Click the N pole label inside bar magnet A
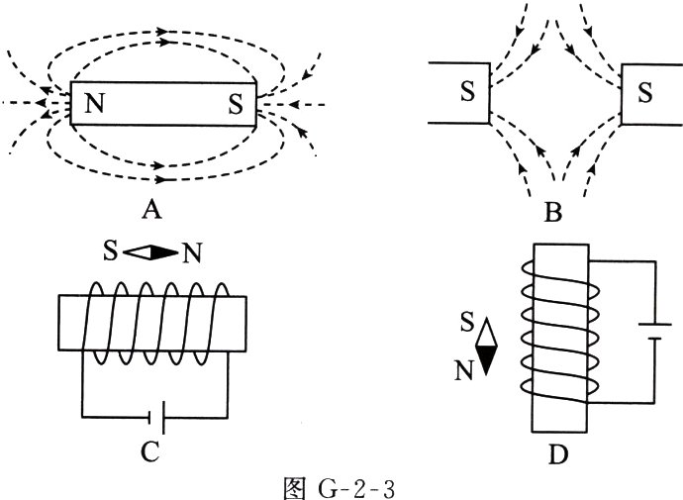click(x=95, y=104)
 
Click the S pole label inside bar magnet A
click(x=236, y=104)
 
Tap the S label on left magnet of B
click(x=467, y=91)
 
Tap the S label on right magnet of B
click(x=644, y=92)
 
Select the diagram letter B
click(x=552, y=213)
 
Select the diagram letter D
click(x=558, y=454)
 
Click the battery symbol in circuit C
click(x=156, y=418)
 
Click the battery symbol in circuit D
click(x=654, y=331)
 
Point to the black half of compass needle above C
click(x=164, y=252)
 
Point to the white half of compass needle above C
click(x=137, y=252)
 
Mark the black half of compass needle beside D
click(x=486, y=360)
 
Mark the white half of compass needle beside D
click(x=486, y=332)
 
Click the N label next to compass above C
click(x=192, y=253)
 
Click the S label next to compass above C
click(x=110, y=250)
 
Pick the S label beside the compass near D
click(x=467, y=323)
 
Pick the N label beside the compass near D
click(x=464, y=370)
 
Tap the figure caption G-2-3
click(x=339, y=488)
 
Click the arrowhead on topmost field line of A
click(x=162, y=32)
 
